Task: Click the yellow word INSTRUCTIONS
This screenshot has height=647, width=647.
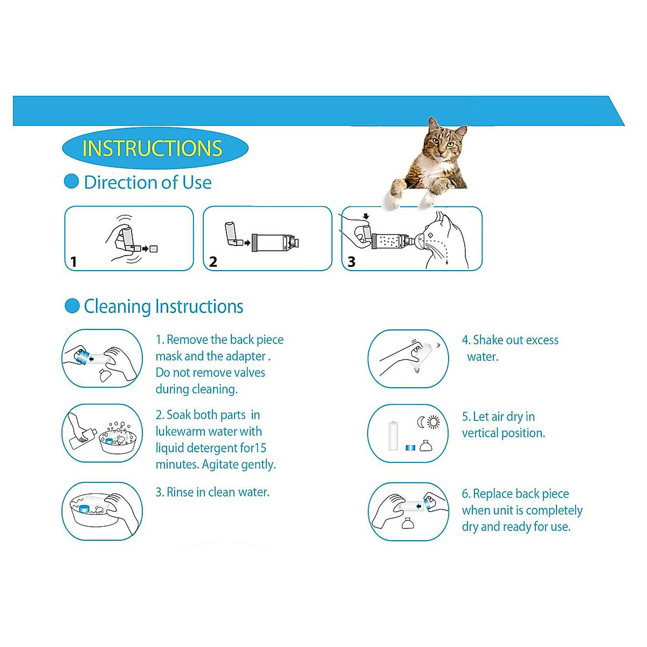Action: (x=152, y=148)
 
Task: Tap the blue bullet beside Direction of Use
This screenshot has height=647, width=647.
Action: (x=71, y=182)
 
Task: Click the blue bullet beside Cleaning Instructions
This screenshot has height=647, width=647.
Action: (x=72, y=306)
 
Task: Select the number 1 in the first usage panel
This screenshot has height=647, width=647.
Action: (x=74, y=262)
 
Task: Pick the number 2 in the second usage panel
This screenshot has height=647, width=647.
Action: (x=213, y=262)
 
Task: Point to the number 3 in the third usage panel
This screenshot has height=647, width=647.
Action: (x=352, y=262)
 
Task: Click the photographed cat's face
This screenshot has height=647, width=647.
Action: (x=444, y=142)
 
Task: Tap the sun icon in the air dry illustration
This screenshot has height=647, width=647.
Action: (x=433, y=422)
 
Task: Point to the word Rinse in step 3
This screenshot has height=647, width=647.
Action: (x=180, y=492)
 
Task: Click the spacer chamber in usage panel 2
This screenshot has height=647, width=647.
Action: (x=274, y=243)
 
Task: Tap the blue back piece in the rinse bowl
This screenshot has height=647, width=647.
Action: (x=84, y=508)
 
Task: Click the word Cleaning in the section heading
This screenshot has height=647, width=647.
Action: (x=117, y=306)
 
